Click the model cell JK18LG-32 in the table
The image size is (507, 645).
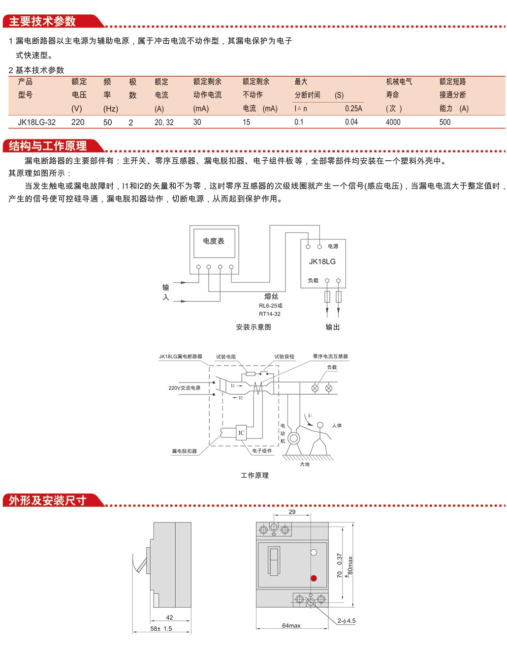click(36, 122)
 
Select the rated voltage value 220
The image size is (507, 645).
click(78, 122)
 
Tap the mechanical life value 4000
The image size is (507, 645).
click(393, 122)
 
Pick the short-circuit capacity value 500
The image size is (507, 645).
click(444, 122)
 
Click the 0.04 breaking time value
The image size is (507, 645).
click(351, 122)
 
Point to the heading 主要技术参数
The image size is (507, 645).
click(43, 21)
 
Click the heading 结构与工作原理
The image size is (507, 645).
click(48, 146)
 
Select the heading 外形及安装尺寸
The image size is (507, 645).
click(48, 500)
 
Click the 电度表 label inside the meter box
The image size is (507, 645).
click(214, 241)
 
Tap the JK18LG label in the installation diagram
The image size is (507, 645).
click(322, 262)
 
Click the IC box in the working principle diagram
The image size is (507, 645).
click(241, 433)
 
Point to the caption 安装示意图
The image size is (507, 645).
click(253, 327)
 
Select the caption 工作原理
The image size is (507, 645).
click(254, 475)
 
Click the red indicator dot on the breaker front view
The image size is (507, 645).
click(314, 578)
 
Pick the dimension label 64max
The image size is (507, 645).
click(291, 626)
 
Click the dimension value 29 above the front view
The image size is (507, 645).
click(292, 512)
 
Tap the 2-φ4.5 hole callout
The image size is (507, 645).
click(347, 621)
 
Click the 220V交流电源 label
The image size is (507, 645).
click(184, 388)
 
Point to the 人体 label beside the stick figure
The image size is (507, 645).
click(337, 426)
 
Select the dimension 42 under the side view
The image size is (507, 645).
click(169, 617)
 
